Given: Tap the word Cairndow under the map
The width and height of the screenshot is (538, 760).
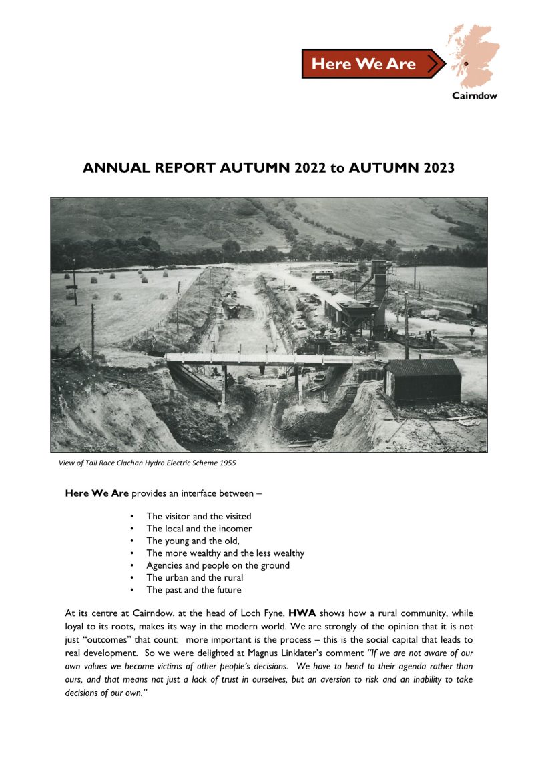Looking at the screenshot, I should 474,95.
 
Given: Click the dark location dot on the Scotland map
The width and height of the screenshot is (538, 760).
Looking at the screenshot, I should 466,63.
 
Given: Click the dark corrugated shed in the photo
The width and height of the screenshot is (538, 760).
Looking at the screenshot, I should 423,381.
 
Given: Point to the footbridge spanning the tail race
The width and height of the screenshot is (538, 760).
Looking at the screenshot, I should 267,359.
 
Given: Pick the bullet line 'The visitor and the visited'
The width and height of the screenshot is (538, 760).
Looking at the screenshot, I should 198,516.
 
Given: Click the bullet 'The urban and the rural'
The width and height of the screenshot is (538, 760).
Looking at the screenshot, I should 194,577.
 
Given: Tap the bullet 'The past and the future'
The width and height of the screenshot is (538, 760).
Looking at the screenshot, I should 194,589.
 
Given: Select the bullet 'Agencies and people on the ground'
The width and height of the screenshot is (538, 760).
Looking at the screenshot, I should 218,565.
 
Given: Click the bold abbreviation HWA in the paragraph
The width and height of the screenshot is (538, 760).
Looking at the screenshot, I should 302,612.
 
